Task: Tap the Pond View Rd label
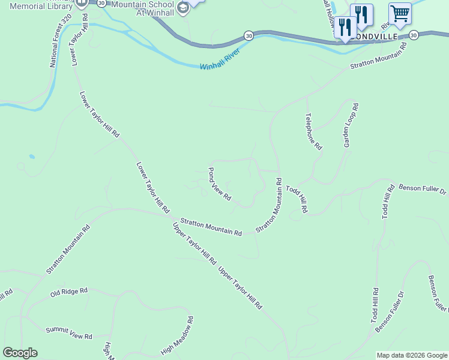pyautogui.click(x=219, y=184)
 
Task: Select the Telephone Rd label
pyautogui.click(x=313, y=131)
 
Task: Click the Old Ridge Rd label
pyautogui.click(x=68, y=292)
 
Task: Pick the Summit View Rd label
pyautogui.click(x=68, y=333)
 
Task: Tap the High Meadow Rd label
pyautogui.click(x=177, y=335)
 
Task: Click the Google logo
pyautogui.click(x=20, y=353)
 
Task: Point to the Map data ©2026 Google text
pyautogui.click(x=412, y=355)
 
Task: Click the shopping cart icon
pyautogui.click(x=400, y=13)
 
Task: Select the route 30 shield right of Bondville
pyautogui.click(x=414, y=36)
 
